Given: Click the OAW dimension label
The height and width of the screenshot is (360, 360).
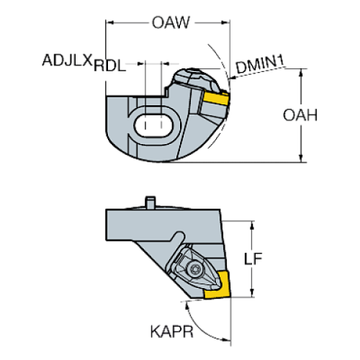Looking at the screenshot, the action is coord(170,23).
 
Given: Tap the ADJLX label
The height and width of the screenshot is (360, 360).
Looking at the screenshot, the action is coord(67,60).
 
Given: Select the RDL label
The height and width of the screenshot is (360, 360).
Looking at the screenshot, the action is coord(109,65).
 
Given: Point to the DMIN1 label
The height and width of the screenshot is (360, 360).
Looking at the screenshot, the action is coord(260,64).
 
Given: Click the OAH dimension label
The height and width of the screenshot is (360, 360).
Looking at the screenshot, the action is coord(300,115).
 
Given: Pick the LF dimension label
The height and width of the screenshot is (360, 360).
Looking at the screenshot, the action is coord(253,259).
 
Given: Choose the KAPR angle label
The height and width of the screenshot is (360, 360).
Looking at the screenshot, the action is coord(172,332).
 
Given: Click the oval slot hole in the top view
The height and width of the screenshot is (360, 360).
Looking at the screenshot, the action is coord(154,126).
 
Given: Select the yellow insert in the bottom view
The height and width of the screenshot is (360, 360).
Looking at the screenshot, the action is coord(217,285).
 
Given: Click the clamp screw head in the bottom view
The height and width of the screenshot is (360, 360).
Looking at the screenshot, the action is coord(195,270).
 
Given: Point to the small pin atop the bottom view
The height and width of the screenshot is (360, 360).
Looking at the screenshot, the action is coord(150,203).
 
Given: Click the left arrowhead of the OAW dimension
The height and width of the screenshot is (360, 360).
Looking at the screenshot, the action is coord(110,23).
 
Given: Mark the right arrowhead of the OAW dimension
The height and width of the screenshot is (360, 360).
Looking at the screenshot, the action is coord(226,23).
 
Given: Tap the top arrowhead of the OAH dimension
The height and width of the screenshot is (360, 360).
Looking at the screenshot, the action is coord(301,73).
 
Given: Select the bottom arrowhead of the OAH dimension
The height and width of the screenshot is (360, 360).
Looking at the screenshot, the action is coord(301,158).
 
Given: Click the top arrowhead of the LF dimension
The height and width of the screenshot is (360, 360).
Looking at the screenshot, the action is coord(252,226).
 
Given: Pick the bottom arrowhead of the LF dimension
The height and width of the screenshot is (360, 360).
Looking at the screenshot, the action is coord(252,293).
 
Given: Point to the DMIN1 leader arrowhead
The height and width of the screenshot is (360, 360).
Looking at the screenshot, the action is coord(232,78).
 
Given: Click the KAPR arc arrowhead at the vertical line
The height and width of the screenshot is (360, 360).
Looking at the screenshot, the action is coord(226,339).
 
